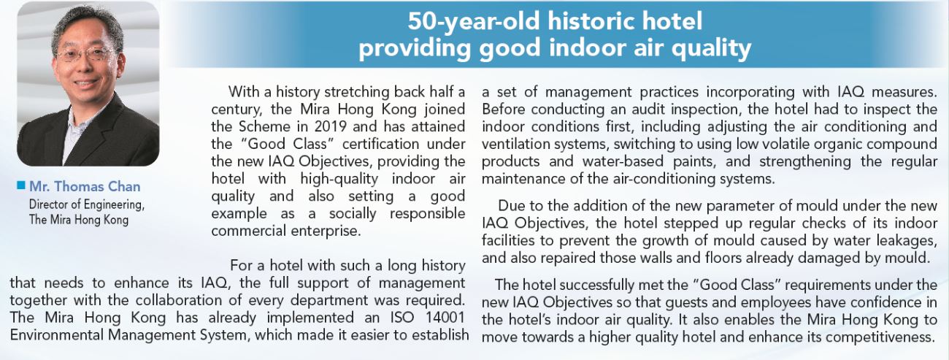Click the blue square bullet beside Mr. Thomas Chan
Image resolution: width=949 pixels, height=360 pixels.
[20, 185]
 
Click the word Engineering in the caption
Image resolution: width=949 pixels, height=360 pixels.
[114, 205]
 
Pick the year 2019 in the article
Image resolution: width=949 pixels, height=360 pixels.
[330, 126]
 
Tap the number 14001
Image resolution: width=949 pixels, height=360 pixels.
[443, 318]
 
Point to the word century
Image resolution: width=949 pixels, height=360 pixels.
[237, 110]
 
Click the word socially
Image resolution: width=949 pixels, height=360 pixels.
[353, 214]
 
